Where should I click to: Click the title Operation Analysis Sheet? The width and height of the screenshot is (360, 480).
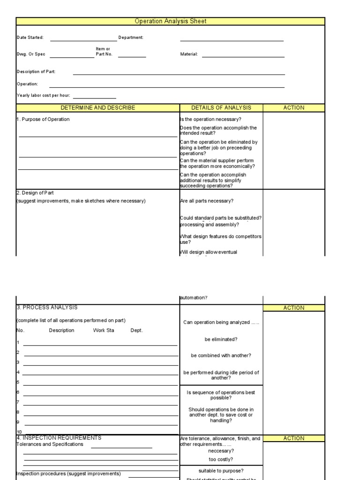(170, 21)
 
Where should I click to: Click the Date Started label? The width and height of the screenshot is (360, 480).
(30, 37)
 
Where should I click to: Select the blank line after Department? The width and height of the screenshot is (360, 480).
(232, 39)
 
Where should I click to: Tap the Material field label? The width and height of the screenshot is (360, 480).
(189, 54)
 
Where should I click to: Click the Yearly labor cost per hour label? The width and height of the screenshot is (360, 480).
(43, 95)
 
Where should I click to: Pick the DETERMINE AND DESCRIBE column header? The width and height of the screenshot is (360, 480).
(97, 108)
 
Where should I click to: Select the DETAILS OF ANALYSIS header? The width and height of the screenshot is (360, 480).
(221, 108)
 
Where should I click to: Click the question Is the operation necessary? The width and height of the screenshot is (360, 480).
(211, 120)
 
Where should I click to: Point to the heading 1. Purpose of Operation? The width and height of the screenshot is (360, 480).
(43, 120)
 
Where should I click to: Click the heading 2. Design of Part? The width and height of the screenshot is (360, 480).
(38, 193)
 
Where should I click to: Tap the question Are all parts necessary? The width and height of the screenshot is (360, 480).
(207, 201)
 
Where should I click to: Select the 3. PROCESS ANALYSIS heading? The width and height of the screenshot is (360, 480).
(47, 307)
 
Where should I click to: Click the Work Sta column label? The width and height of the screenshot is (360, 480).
(104, 330)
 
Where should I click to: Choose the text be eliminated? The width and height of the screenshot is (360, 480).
(221, 339)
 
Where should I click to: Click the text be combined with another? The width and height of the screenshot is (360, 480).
(221, 356)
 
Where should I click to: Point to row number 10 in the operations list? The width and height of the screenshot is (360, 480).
(19, 432)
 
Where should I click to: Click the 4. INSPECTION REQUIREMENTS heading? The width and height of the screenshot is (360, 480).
(59, 438)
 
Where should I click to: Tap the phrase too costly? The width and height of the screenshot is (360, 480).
(221, 459)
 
